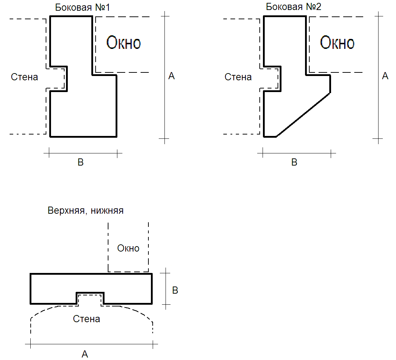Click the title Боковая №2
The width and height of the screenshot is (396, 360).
(x=294, y=7)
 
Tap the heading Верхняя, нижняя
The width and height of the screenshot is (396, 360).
(x=86, y=211)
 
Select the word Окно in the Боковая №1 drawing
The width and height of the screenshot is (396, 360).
(x=124, y=43)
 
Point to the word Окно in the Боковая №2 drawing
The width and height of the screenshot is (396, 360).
(x=337, y=43)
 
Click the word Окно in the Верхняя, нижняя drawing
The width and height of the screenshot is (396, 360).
(x=128, y=248)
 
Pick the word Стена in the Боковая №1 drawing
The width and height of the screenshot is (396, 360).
(x=25, y=77)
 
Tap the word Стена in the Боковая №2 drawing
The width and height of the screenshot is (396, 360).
(x=238, y=77)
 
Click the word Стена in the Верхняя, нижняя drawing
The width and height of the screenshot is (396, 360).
(x=86, y=319)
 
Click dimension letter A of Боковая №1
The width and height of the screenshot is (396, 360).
(x=171, y=76)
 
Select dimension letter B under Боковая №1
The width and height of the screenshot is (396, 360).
(x=81, y=162)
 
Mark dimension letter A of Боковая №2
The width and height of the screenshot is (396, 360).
(x=385, y=76)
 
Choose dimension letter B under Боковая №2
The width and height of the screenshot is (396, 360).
(x=294, y=162)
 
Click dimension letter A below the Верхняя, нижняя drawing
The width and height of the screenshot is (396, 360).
(x=85, y=354)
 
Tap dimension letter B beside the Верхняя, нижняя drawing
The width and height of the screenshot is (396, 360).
(x=175, y=290)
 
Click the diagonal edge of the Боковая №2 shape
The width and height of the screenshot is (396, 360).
(x=303, y=115)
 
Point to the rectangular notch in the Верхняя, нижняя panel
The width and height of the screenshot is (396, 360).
(x=90, y=298)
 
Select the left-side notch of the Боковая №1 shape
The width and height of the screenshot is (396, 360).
(x=59, y=78)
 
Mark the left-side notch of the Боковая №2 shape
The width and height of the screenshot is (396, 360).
(x=272, y=78)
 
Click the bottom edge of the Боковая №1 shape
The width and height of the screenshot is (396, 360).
(x=83, y=136)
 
